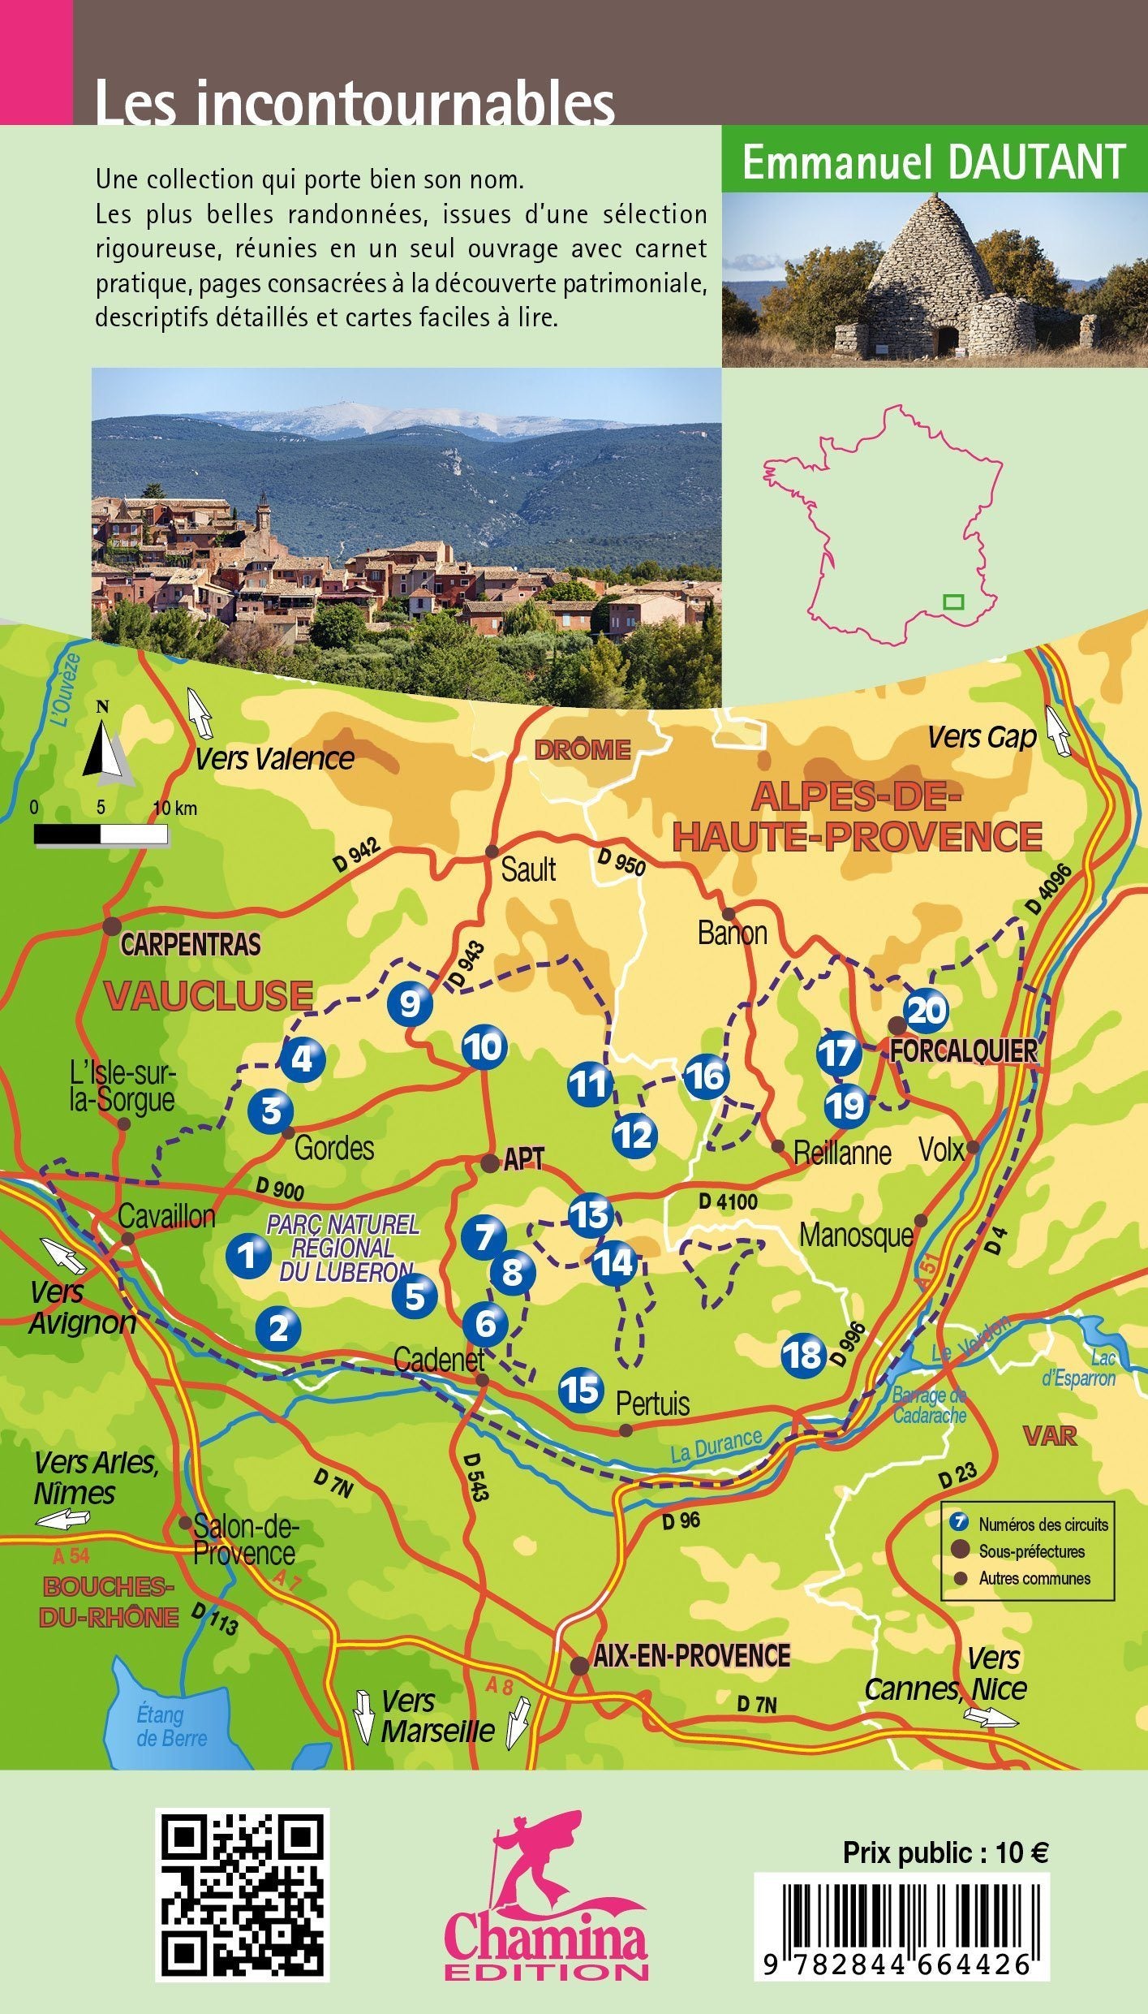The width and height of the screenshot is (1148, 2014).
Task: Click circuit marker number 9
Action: pyautogui.click(x=410, y=1005)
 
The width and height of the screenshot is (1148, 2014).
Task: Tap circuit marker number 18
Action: pyautogui.click(x=803, y=1354)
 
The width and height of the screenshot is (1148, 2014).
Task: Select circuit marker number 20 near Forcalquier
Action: pyautogui.click(x=927, y=1011)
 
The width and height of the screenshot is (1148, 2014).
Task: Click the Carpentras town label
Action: pyautogui.click(x=191, y=945)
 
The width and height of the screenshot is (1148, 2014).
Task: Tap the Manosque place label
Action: pyautogui.click(x=855, y=1235)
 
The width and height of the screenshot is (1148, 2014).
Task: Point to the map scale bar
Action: pyautogui.click(x=101, y=834)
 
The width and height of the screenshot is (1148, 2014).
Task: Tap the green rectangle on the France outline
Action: pyautogui.click(x=953, y=602)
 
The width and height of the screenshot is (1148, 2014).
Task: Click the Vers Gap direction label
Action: pyautogui.click(x=982, y=737)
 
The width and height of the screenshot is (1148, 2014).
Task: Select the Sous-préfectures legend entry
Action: pyautogui.click(x=1030, y=1551)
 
